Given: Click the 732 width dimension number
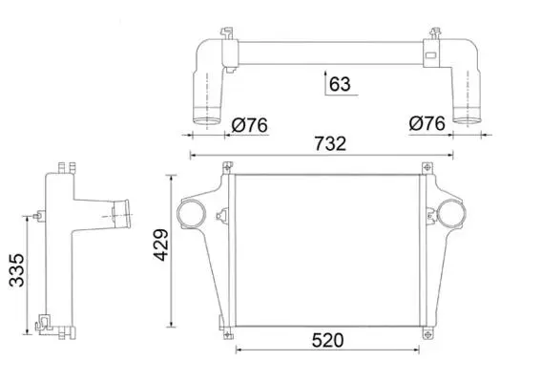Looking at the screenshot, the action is [330, 143].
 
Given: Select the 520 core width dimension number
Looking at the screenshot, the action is [328, 340].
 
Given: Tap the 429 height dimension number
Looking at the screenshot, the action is [161, 244].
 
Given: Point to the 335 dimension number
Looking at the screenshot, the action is [17, 270].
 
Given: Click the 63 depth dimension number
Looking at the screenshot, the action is [340, 84].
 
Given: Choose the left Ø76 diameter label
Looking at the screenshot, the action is [249, 125].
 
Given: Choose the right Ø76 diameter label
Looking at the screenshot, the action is [427, 123].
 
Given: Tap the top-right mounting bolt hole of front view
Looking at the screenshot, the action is [427, 168].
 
